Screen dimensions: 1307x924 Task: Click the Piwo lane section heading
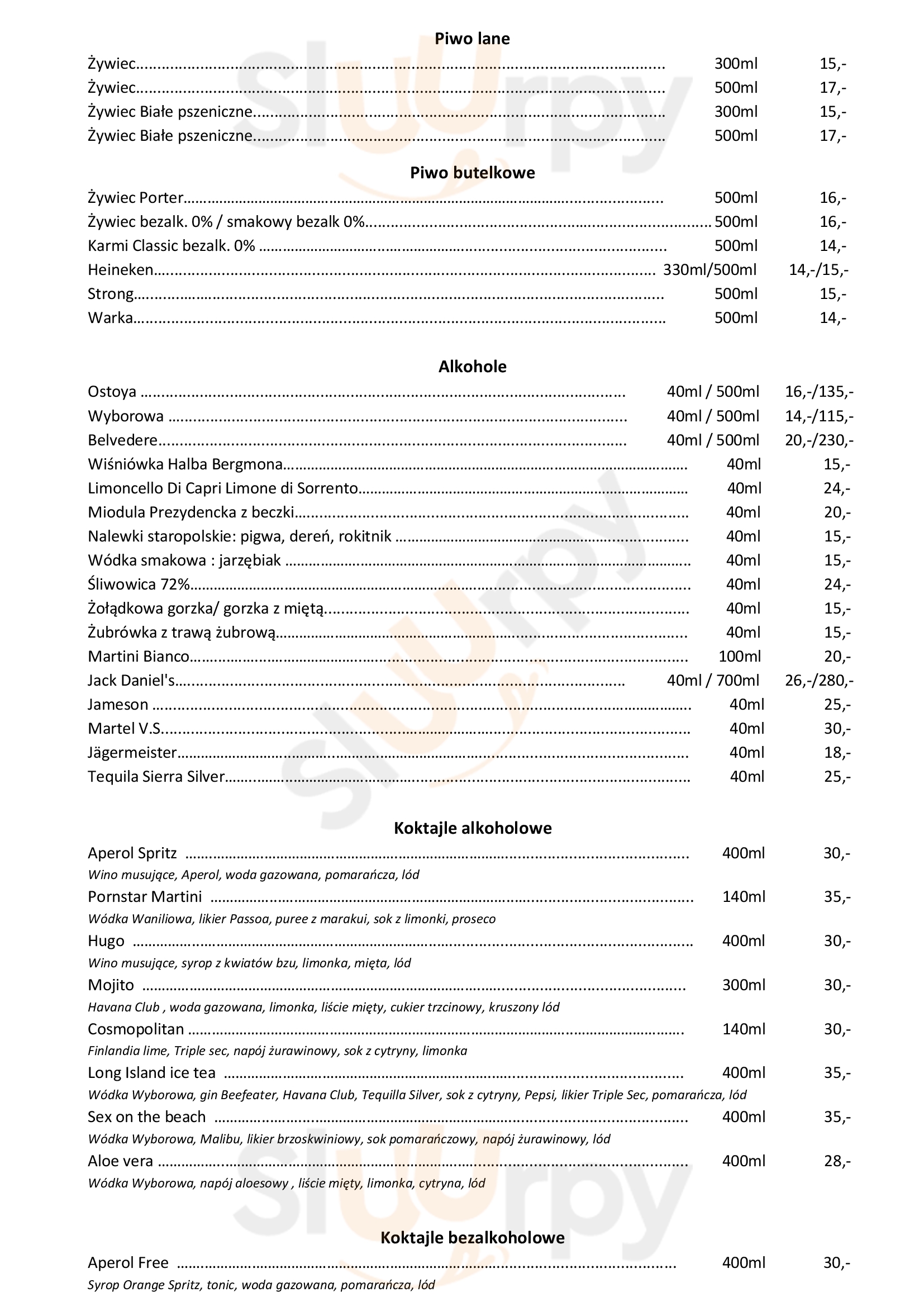point(471,39)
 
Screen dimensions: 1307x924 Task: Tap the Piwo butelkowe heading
point(472,173)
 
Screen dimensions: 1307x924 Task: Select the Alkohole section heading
point(472,367)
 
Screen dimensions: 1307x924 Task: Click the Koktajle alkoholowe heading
point(472,828)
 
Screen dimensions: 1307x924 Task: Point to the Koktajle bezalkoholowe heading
point(472,1238)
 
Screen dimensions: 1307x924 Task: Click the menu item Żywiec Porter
point(135,198)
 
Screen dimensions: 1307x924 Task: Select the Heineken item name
point(120,270)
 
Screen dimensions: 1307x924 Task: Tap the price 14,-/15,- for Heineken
point(818,270)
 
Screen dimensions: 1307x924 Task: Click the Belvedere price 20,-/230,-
point(819,440)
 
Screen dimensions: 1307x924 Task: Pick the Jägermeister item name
point(132,753)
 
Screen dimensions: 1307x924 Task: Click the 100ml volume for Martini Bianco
point(740,657)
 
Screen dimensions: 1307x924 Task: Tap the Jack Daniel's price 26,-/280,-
point(819,681)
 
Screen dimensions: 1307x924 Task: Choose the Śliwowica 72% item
point(138,584)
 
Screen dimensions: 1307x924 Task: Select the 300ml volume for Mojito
point(744,985)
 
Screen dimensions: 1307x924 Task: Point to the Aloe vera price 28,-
point(837,1161)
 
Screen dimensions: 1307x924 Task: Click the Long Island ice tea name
point(151,1073)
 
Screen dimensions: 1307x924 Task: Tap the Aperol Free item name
point(128,1263)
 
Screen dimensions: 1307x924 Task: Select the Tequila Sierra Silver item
point(156,777)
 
